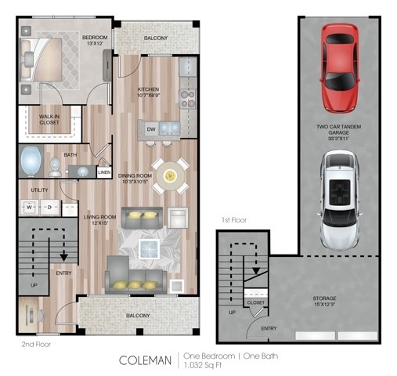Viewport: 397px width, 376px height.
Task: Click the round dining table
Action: click(x=170, y=176)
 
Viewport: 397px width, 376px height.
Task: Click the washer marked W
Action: click(x=31, y=208)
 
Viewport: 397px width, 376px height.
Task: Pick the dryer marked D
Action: click(x=49, y=208)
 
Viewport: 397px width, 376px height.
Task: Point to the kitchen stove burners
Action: click(x=188, y=98)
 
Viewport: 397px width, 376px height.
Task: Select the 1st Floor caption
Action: click(x=233, y=221)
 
